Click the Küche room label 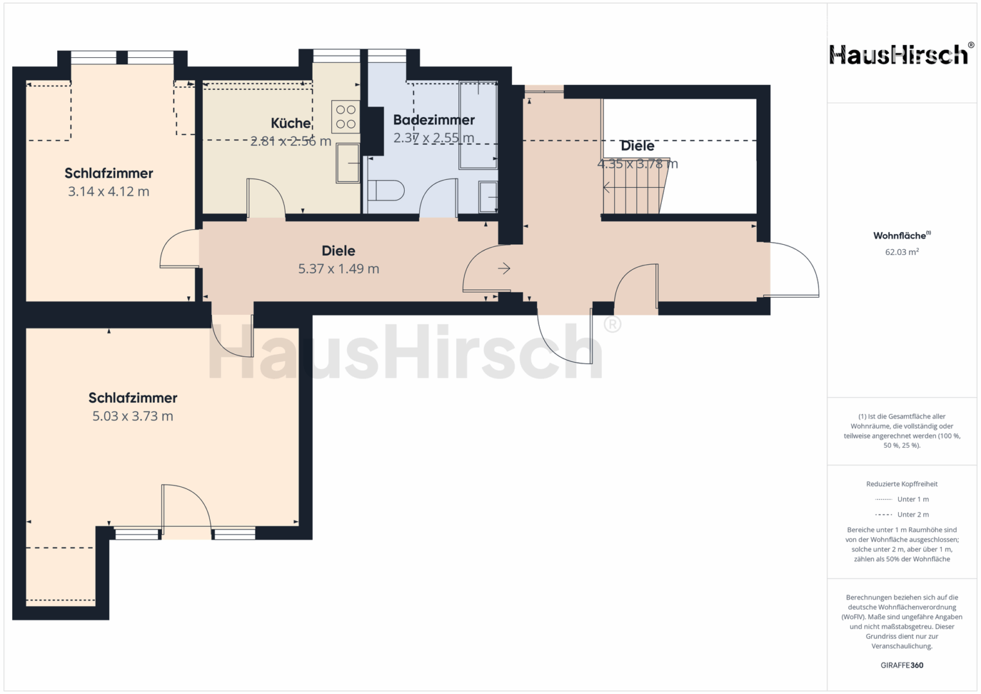291,123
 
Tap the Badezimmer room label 434,120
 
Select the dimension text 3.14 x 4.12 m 109,191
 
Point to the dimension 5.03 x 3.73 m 133,416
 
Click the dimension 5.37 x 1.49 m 339,269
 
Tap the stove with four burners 346,117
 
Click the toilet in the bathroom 385,191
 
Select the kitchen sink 348,163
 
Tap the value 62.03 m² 902,252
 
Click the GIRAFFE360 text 902,665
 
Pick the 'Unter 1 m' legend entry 902,499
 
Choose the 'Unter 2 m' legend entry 902,514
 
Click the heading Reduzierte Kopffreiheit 902,484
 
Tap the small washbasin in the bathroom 488,197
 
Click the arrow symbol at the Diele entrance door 504,268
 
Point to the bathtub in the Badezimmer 478,125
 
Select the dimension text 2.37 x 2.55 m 434,138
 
